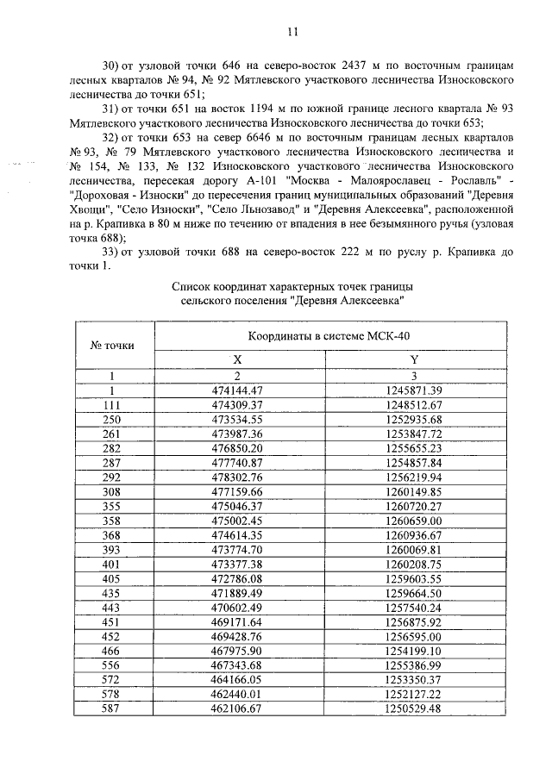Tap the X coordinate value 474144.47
click(x=237, y=390)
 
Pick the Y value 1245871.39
click(x=413, y=390)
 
